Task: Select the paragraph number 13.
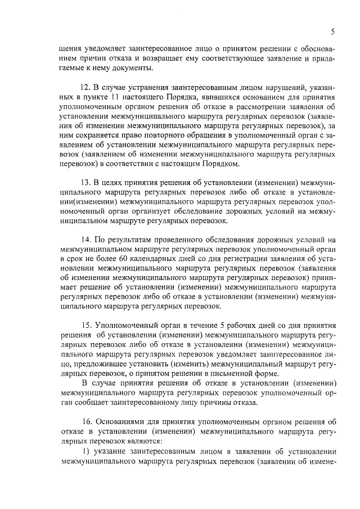pos(85,183)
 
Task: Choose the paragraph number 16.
pos(85,422)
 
